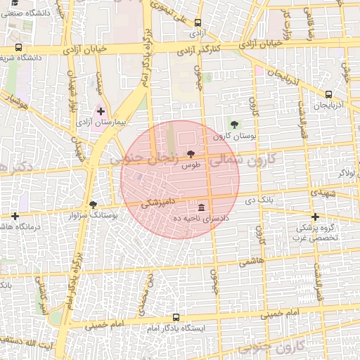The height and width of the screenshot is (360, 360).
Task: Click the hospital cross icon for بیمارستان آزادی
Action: tap(101, 111)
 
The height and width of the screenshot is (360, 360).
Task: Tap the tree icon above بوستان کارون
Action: tap(234, 124)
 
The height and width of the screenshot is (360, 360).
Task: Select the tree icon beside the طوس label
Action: tap(190, 154)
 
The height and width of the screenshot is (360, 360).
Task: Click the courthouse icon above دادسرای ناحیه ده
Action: tap(202, 208)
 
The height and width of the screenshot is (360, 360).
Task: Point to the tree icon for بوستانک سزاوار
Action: tap(93, 204)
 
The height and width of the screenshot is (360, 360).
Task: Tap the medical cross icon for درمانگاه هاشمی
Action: tap(15, 215)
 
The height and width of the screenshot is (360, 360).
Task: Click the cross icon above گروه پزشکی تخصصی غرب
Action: tap(315, 217)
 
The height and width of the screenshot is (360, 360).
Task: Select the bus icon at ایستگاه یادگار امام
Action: tap(176, 317)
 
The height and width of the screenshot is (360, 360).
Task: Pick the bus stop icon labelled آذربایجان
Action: tap(328, 94)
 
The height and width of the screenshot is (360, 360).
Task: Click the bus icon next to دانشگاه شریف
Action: tap(18, 48)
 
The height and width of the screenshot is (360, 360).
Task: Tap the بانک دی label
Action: tap(259, 200)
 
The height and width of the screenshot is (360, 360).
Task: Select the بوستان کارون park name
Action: tap(232, 136)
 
